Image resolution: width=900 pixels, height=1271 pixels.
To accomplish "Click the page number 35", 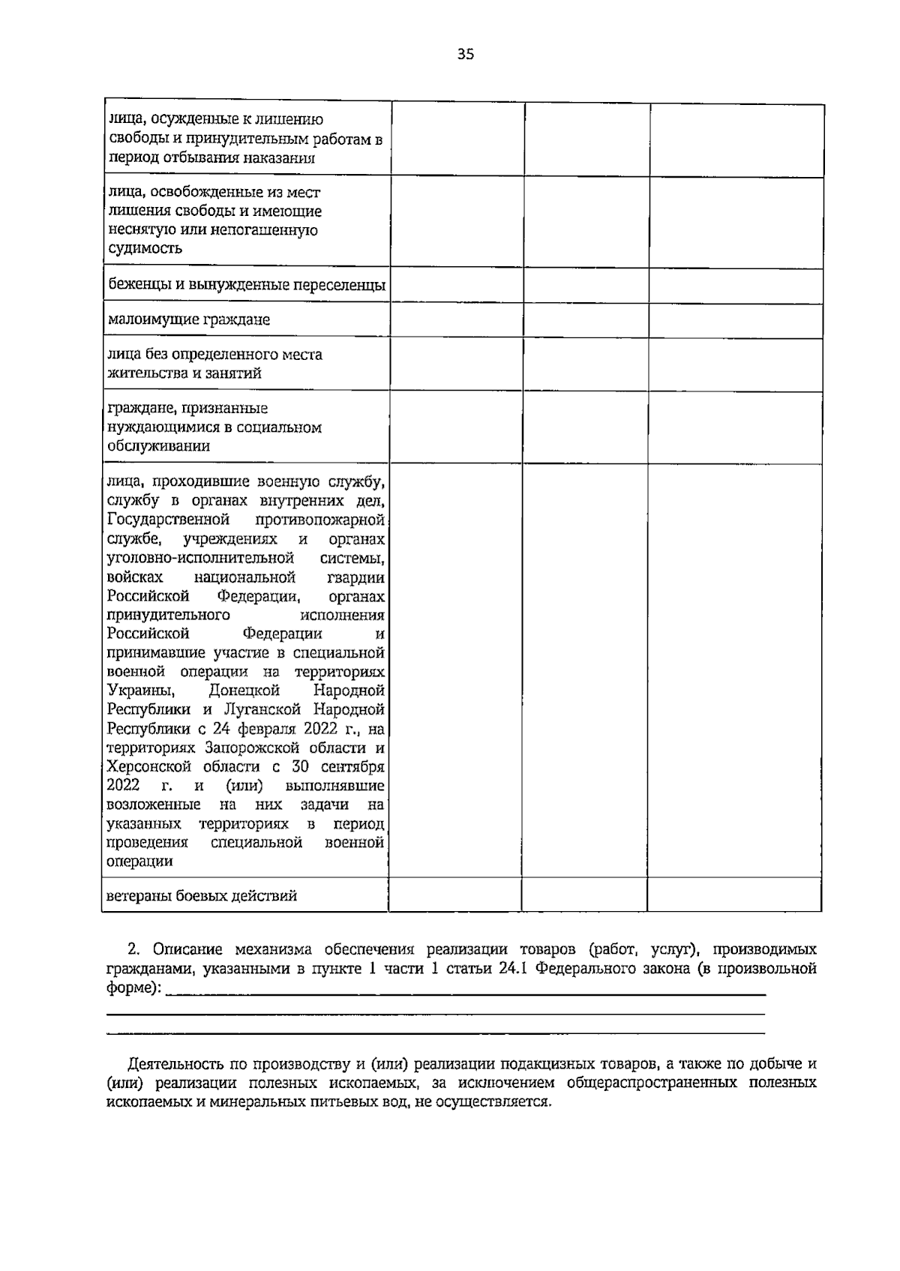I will [x=465, y=54].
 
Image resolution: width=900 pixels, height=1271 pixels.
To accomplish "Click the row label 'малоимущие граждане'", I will [x=189, y=320].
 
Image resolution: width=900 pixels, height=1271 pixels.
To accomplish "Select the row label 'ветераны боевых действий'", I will [x=202, y=895].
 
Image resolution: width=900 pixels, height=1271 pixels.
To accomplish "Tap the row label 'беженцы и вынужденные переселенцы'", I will [x=246, y=285].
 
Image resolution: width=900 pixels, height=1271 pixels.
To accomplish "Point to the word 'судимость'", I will [x=145, y=249].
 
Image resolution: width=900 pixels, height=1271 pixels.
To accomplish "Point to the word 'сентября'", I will [x=352, y=766].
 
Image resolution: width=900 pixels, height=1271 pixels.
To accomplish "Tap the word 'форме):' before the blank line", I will [x=133, y=988].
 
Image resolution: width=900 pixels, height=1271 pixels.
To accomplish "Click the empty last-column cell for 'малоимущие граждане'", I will [x=735, y=320].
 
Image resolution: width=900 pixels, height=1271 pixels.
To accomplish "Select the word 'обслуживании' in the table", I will [x=158, y=446].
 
